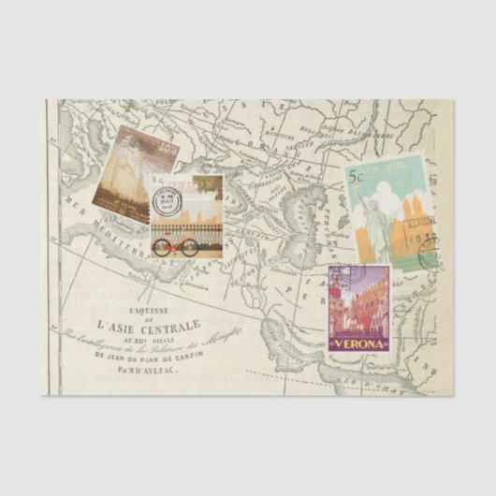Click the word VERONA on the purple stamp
pos(357,343)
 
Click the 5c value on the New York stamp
pos(357,175)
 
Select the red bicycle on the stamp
pos(176,246)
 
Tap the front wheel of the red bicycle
pos(190,248)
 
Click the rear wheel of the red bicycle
pos(161,248)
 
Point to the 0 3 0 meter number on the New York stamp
pos(427,240)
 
